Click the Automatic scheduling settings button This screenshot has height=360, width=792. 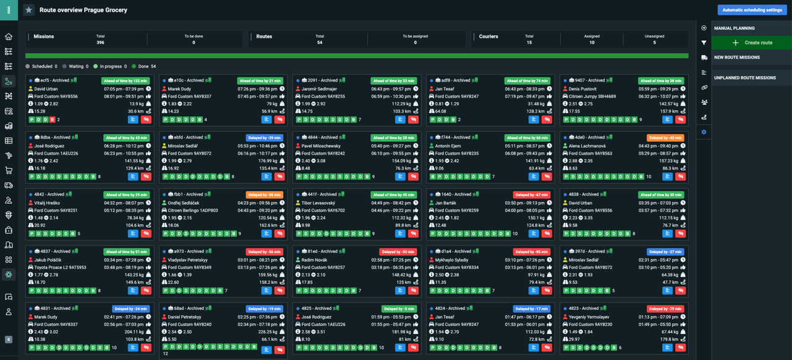752,10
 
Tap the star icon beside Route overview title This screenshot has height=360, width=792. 28,10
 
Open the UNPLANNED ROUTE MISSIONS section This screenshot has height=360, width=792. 744,78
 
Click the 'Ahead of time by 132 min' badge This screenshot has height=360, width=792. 124,81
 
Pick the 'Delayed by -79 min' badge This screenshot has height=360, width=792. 665,309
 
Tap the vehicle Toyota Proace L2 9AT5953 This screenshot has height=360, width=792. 60,267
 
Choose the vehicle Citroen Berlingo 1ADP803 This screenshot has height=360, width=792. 192,210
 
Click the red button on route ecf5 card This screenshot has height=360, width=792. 146,119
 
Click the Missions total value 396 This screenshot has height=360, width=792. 100,43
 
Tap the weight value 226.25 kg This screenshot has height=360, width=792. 268,332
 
